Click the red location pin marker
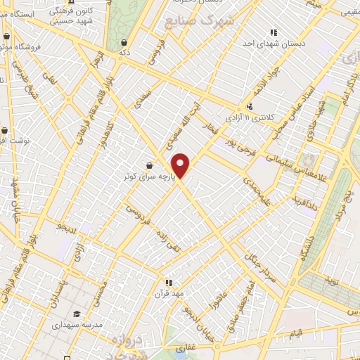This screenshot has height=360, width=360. pos(181,166)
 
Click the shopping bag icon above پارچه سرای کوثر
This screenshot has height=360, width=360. pos(149,166)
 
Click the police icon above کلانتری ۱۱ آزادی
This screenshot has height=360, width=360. pos(250,105)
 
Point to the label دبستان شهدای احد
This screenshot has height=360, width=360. pos(277,43)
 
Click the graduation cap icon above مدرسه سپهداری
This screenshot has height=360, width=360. pos(76,314)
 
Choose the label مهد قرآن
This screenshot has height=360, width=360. pos(169,293)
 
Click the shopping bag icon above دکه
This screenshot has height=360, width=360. pos(124,42)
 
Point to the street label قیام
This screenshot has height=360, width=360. pos(296,331)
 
